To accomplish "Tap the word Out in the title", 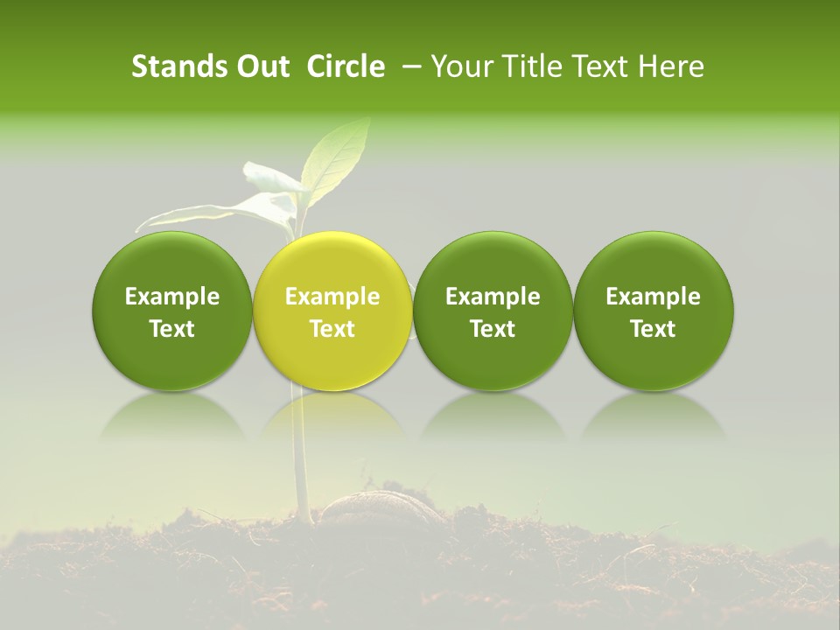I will coord(260,66).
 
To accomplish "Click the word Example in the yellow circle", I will coord(332,297).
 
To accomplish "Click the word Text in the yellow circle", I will coord(332,329).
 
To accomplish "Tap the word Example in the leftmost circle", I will coord(172,297).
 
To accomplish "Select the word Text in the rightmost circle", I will coord(654,329).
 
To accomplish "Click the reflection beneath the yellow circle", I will coord(332,416).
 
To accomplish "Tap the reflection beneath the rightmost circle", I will coord(654,416).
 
